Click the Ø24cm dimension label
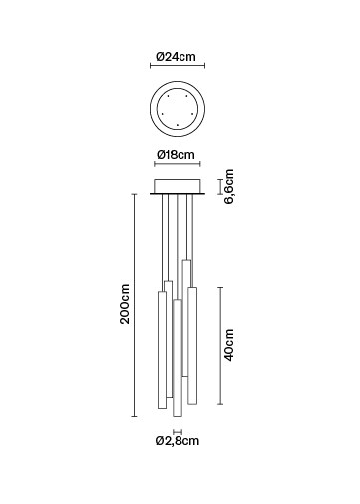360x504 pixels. point(176,57)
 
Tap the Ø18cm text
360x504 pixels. point(176,155)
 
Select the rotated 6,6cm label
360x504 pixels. point(229,187)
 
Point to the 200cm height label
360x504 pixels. point(125,304)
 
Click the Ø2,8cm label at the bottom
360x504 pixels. point(178,441)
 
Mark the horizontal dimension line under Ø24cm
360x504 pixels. point(178,65)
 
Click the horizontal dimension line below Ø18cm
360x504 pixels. point(178,164)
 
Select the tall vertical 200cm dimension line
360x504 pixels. point(134,304)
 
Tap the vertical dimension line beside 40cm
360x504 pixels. point(220,346)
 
